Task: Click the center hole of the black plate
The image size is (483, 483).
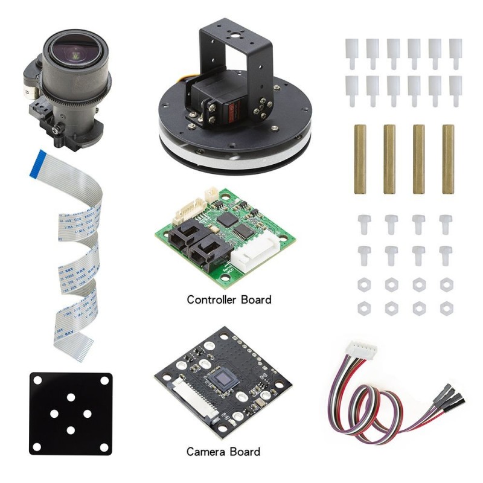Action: point(71,414)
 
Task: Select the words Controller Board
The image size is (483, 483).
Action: point(229,299)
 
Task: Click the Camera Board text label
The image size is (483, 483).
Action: point(223,452)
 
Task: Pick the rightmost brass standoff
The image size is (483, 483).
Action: point(448,159)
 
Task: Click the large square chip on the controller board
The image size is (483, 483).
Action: point(229,220)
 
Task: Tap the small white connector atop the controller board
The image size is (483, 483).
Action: point(212,194)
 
